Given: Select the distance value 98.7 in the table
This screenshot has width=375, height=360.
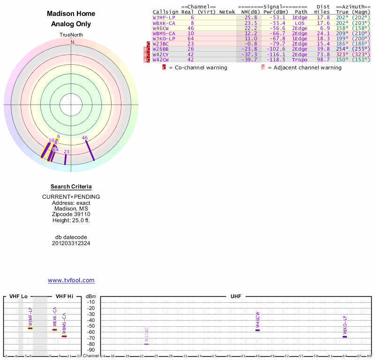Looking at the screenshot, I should tap(323, 60).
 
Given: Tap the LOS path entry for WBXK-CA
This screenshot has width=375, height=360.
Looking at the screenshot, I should tap(300, 23).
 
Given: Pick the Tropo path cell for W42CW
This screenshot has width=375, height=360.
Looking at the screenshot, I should tap(300, 60).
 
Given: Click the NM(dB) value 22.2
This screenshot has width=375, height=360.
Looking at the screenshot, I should tap(251, 28).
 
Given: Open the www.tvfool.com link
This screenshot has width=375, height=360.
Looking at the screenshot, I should tap(71, 280).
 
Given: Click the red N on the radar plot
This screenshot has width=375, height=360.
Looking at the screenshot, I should tap(72, 42).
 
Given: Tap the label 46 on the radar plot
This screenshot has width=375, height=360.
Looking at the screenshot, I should tap(85, 138).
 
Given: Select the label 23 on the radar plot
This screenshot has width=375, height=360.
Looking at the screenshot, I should tap(67, 151).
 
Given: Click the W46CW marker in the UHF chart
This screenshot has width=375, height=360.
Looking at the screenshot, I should tap(257, 330).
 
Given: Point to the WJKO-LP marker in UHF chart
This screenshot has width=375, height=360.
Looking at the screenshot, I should tap(345, 337).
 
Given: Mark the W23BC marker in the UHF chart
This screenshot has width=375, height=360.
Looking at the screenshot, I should tap(147, 344).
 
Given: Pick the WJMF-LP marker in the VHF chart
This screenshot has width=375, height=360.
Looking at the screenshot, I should tap(30, 328).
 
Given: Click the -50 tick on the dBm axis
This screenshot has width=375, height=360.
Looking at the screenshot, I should tap(91, 326).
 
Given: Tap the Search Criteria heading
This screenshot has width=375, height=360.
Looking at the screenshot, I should tap(71, 187).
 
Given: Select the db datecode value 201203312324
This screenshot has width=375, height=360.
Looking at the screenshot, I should tap(71, 243).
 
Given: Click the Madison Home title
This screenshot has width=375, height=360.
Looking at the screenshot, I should tap(71, 14).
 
